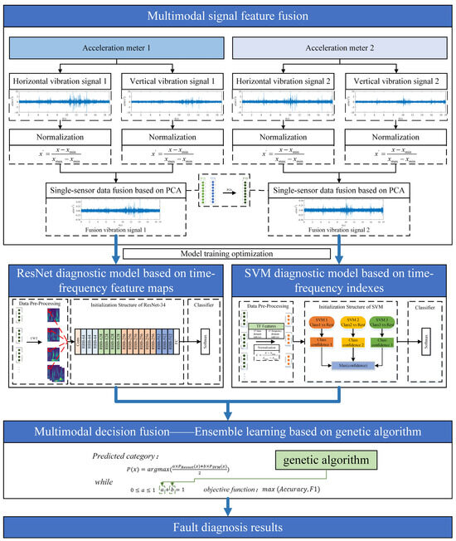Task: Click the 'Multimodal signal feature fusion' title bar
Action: (228, 16)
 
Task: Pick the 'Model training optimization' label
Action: (228, 254)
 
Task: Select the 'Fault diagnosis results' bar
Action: (228, 526)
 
